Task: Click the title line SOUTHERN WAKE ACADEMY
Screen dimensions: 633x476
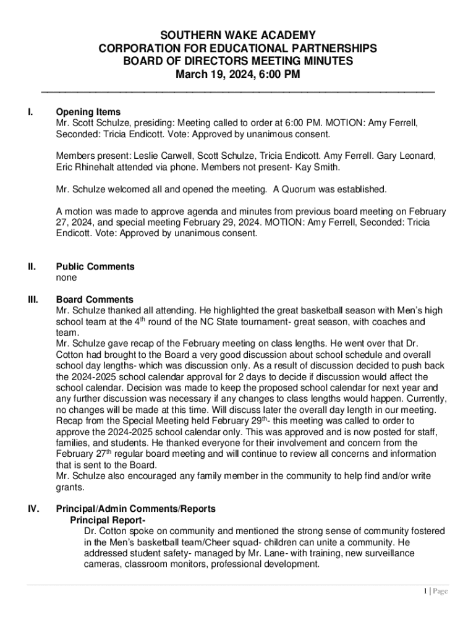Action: (x=238, y=35)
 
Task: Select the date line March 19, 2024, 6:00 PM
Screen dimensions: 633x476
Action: (x=238, y=74)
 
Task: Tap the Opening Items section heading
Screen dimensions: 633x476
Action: (x=88, y=113)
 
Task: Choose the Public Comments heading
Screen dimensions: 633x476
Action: (x=95, y=267)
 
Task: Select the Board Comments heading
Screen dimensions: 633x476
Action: (x=95, y=300)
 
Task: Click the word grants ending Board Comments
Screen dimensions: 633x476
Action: (x=70, y=487)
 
